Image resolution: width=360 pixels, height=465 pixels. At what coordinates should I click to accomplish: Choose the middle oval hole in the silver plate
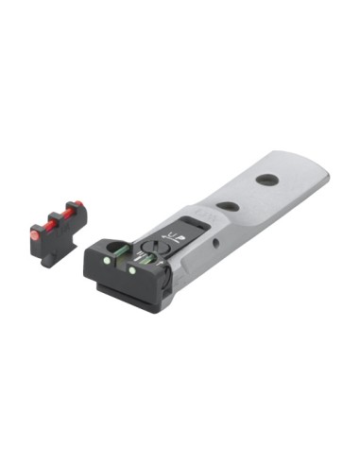click(226, 206)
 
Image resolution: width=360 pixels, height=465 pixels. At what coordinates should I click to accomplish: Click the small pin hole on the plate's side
click(215, 243)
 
